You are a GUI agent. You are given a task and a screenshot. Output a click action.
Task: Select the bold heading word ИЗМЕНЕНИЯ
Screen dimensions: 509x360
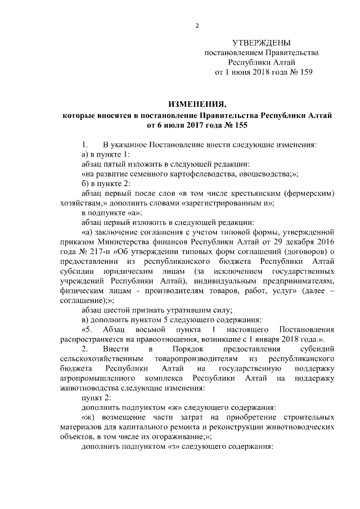click(197, 105)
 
